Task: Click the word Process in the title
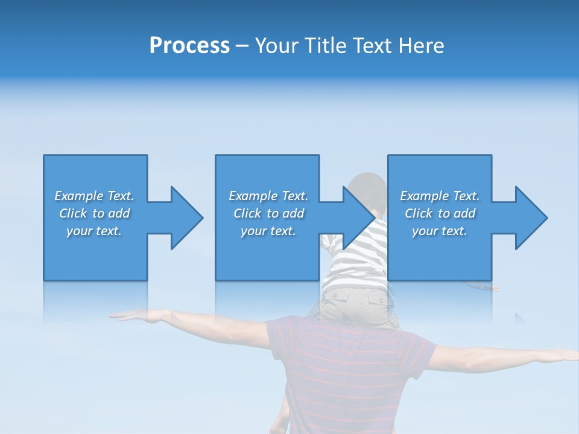[189, 46]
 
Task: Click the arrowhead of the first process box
[186, 218]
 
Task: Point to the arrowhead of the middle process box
[358, 218]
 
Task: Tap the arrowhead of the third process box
[531, 218]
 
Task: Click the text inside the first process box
[94, 213]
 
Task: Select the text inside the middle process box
[268, 213]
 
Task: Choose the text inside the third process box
[439, 213]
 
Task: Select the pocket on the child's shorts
[371, 298]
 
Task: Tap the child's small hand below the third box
[486, 288]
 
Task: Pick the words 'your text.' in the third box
[439, 231]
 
